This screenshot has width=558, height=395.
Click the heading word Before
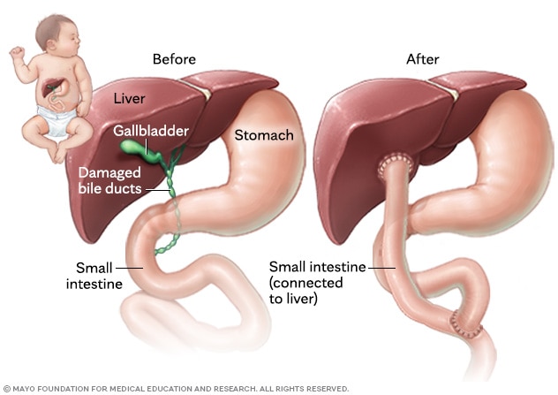coord(174,59)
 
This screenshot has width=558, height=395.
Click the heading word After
coord(422,59)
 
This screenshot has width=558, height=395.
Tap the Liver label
coord(129,99)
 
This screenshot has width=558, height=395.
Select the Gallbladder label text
coord(151,131)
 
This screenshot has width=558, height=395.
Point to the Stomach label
coord(264,135)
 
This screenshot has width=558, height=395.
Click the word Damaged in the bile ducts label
coord(109,172)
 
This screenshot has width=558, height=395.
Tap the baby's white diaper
coord(57,120)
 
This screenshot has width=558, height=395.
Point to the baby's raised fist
coord(17,52)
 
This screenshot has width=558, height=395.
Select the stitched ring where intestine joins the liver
coord(396,164)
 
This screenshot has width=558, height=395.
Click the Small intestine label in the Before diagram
coord(94,276)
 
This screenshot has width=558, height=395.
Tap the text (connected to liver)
coord(306,291)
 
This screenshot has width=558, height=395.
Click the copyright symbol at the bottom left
coord(7,388)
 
